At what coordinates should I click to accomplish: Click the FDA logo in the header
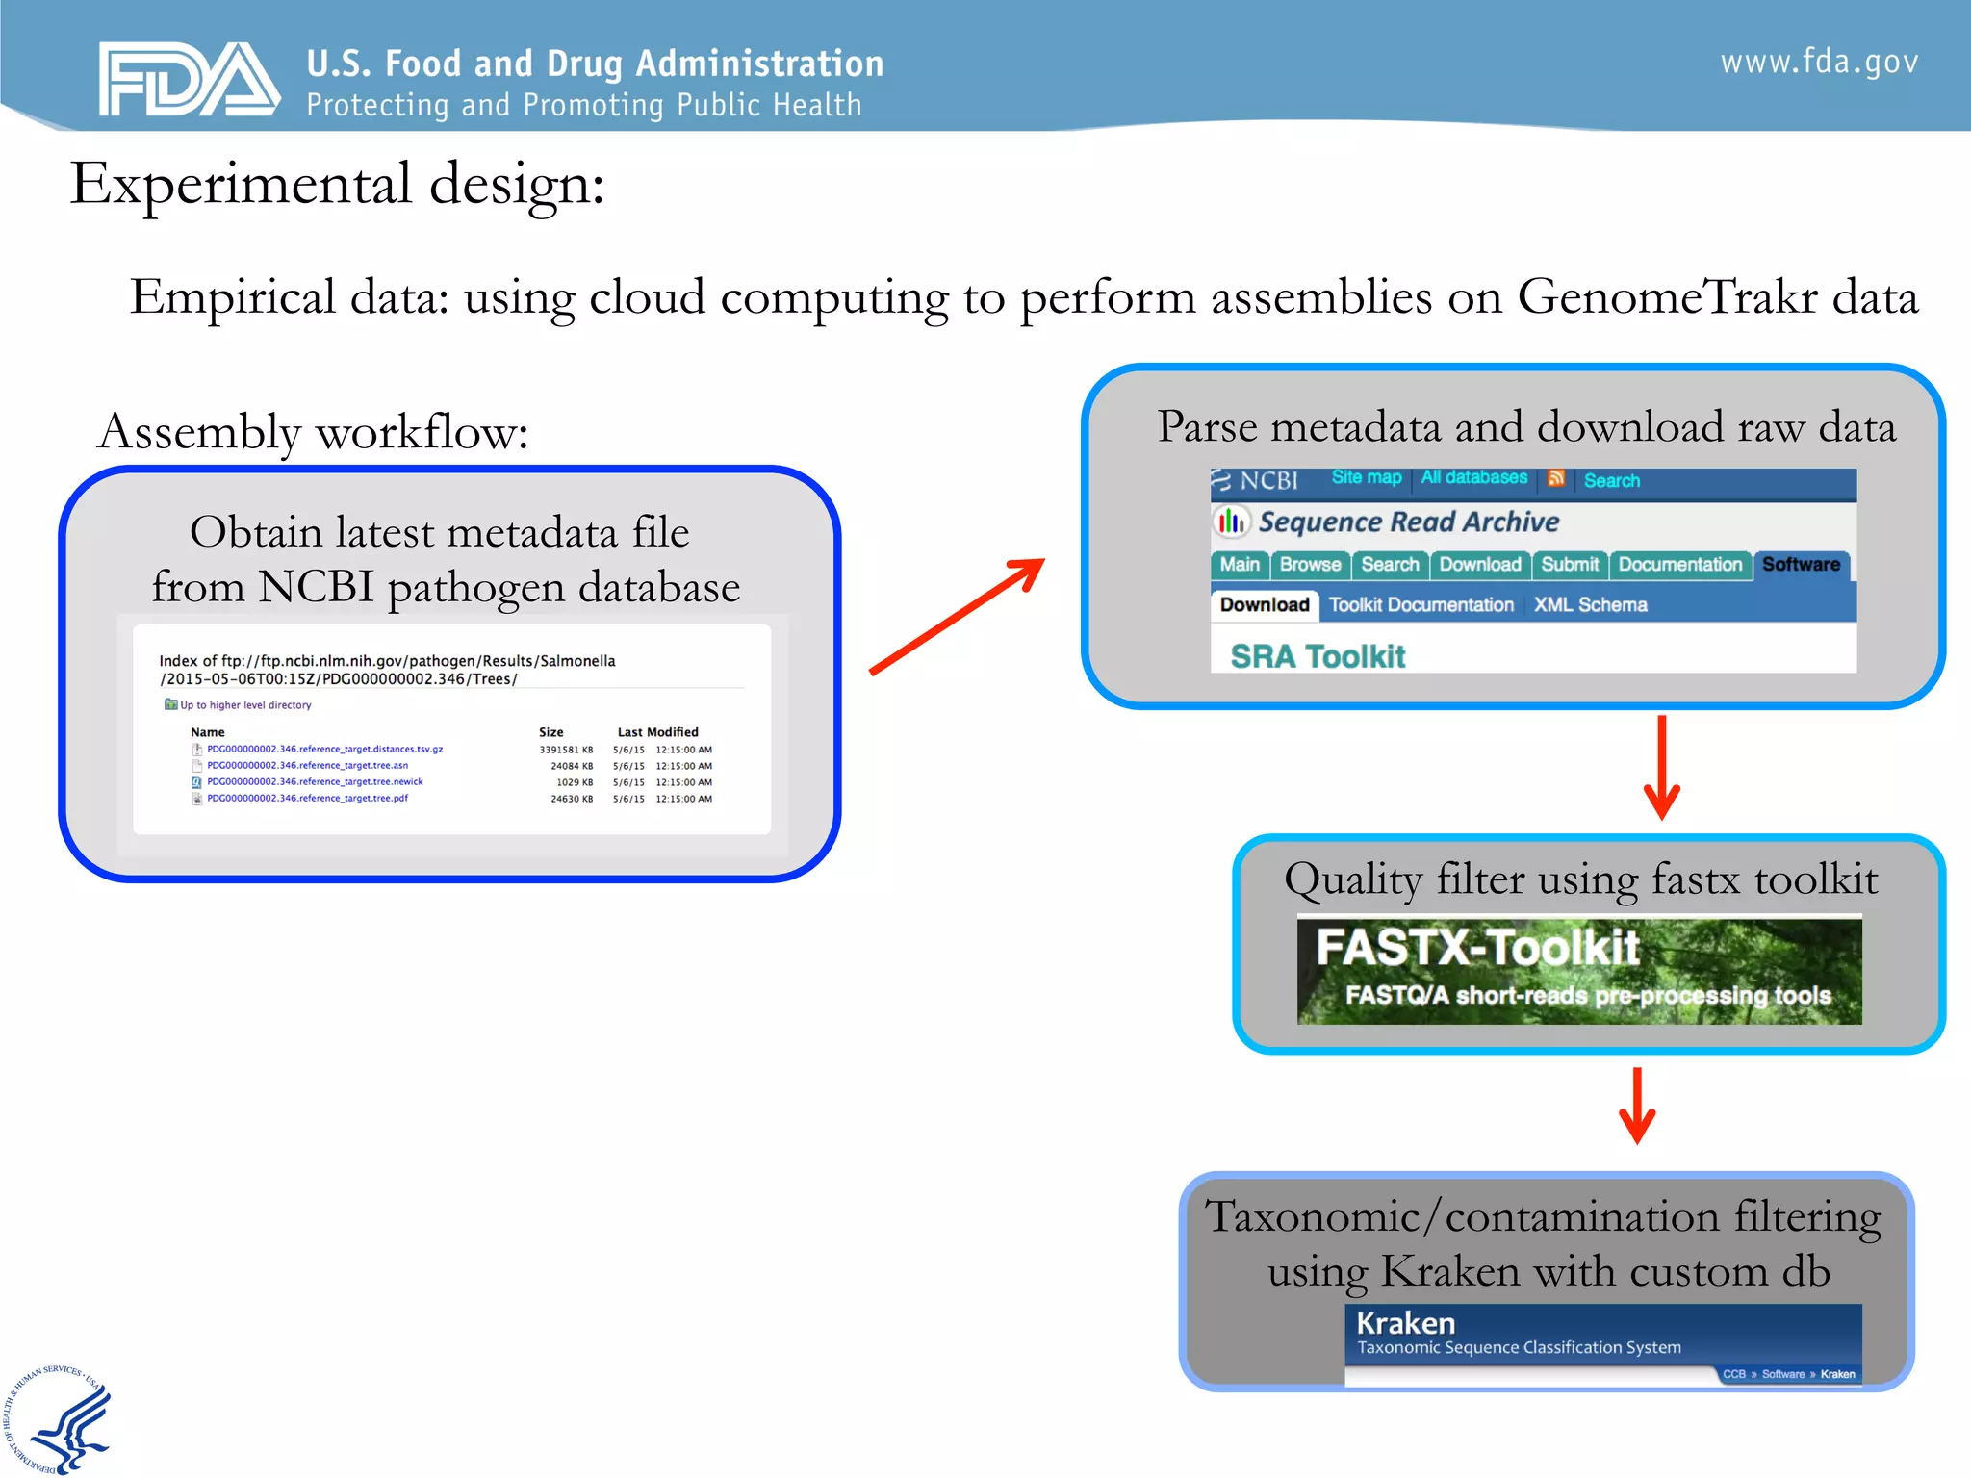coord(189,79)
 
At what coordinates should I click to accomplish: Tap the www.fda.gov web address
coord(1819,63)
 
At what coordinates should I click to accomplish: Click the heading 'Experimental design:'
coord(337,184)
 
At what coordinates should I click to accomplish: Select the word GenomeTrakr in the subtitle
coord(1667,296)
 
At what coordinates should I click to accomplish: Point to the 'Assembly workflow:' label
coord(314,432)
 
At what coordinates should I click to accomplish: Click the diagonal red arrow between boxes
coord(957,617)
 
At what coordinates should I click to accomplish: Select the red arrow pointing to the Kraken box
coord(1636,1105)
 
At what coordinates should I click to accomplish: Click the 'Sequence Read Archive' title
coord(1408,522)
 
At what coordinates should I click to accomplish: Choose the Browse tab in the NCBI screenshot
coord(1310,565)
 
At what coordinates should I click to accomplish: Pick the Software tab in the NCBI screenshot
coord(1800,565)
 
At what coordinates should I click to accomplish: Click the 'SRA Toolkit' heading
coord(1318,656)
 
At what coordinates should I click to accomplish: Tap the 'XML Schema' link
coord(1590,605)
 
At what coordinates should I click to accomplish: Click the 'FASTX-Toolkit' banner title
coord(1477,947)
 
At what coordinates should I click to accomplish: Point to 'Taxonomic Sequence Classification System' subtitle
coord(1519,1348)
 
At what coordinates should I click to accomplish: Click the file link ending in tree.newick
coord(315,782)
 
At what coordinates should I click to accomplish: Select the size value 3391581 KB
coord(566,750)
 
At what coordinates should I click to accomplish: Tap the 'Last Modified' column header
coord(657,732)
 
